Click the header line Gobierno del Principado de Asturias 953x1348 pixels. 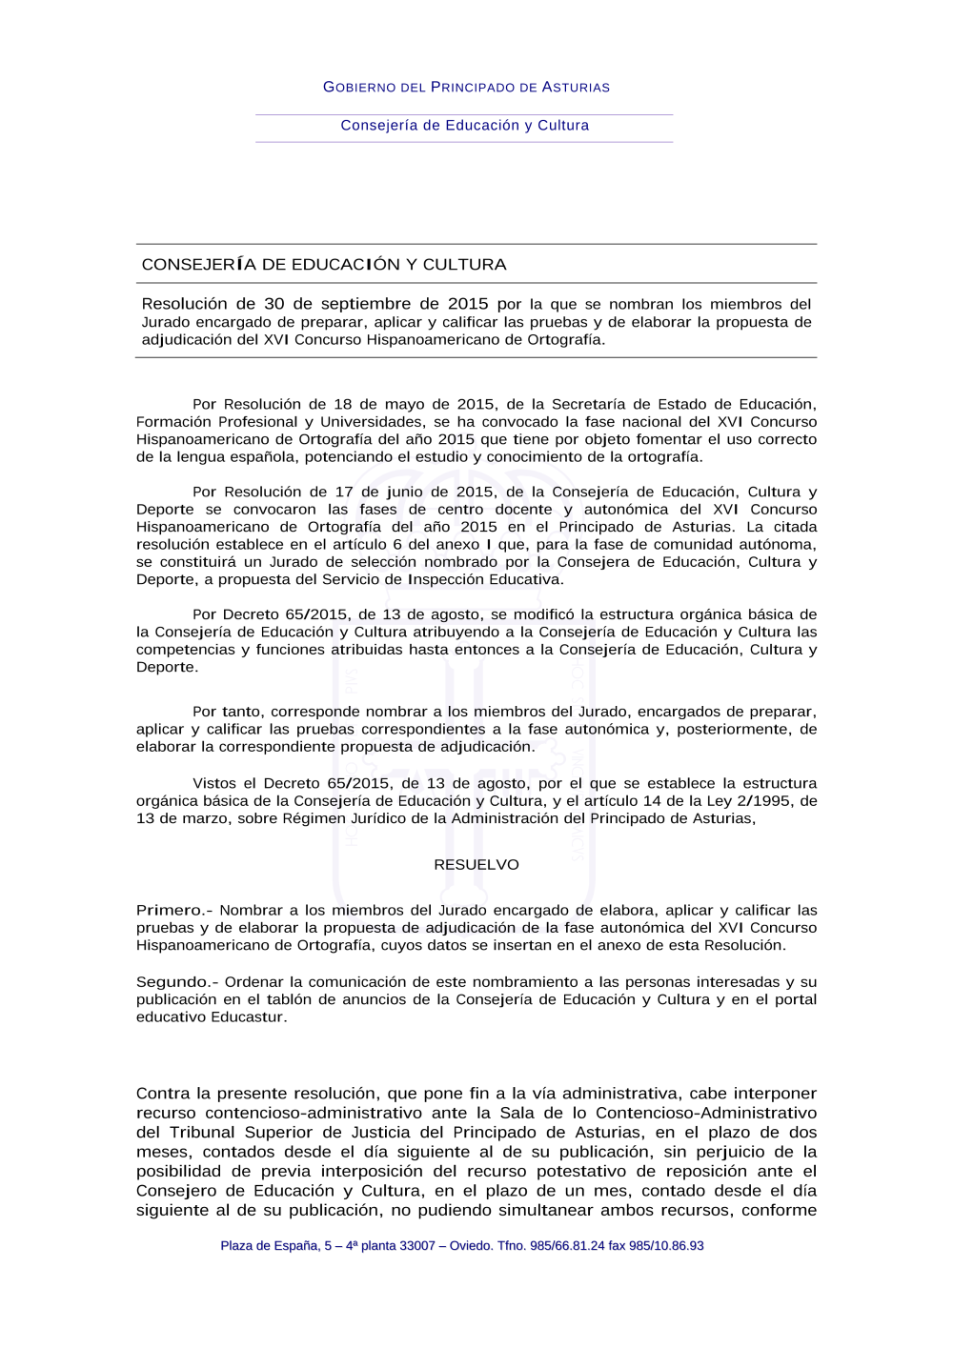[466, 87]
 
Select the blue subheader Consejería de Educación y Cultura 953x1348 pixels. [465, 126]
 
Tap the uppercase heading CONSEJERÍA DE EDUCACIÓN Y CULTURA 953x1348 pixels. [324, 265]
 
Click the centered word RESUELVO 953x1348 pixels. [476, 865]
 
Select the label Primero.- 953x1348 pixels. [174, 911]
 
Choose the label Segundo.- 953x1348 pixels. [177, 982]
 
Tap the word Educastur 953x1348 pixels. [247, 1017]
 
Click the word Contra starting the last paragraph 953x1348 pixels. [162, 1094]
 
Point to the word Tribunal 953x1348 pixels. [202, 1133]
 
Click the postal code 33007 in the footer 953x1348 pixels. [417, 1246]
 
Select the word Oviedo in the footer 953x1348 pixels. [470, 1246]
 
